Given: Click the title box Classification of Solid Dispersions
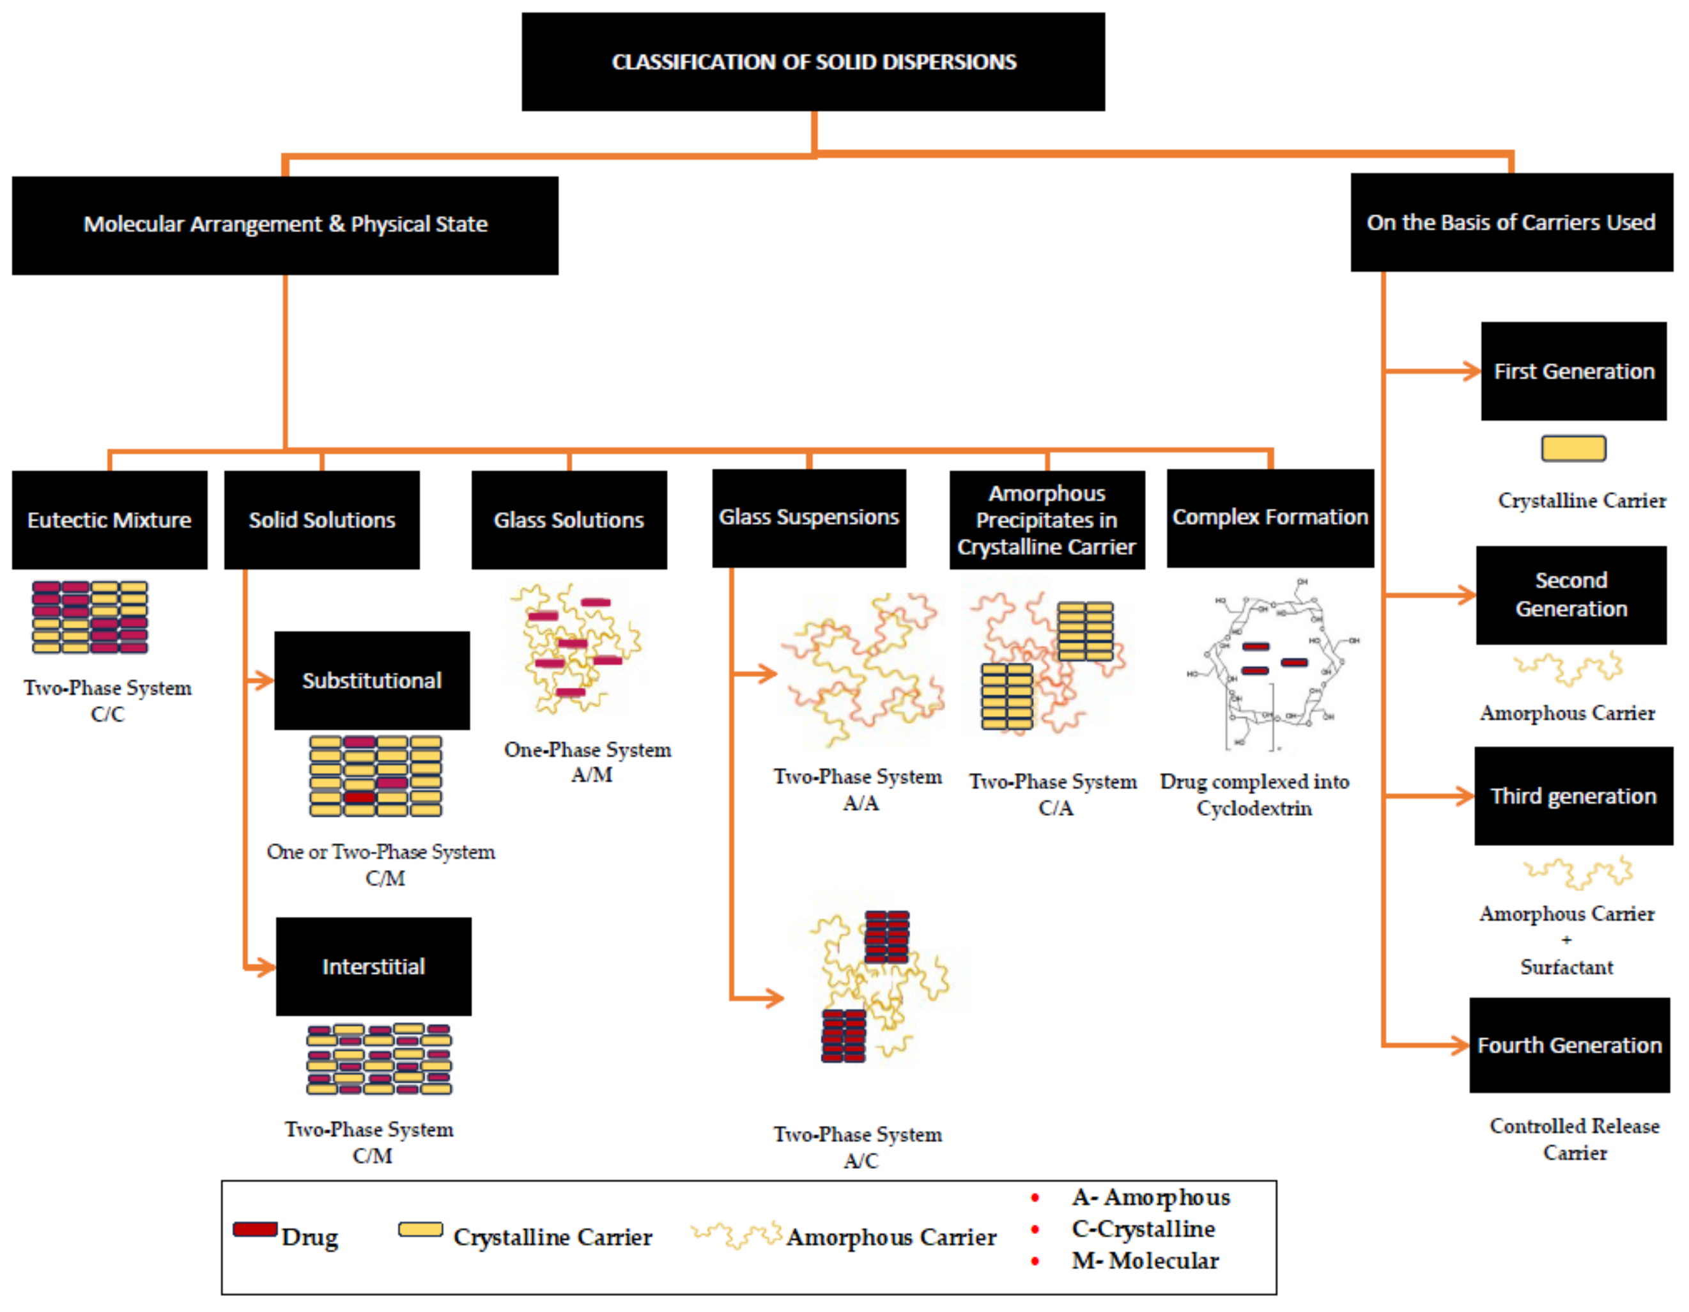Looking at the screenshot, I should coord(813,62).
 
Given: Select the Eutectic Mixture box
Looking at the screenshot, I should coord(109,520).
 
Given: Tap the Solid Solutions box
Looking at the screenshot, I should coord(321,520).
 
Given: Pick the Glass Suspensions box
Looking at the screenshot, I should coord(808,517).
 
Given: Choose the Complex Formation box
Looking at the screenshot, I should coord(1270,517).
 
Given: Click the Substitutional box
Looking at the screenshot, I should coord(371,680).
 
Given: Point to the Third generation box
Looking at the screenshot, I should coord(1573,796).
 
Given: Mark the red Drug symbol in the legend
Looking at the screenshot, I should coord(255,1230).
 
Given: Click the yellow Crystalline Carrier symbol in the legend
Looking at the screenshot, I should coord(420,1230).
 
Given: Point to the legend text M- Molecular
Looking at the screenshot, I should coord(1145,1261).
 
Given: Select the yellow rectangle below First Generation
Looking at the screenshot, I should coord(1573,449).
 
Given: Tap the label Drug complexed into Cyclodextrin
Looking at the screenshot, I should coord(1254,795).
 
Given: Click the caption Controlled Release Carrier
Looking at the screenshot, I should coord(1575,1139).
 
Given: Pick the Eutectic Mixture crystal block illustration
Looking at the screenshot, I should coord(89,618).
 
